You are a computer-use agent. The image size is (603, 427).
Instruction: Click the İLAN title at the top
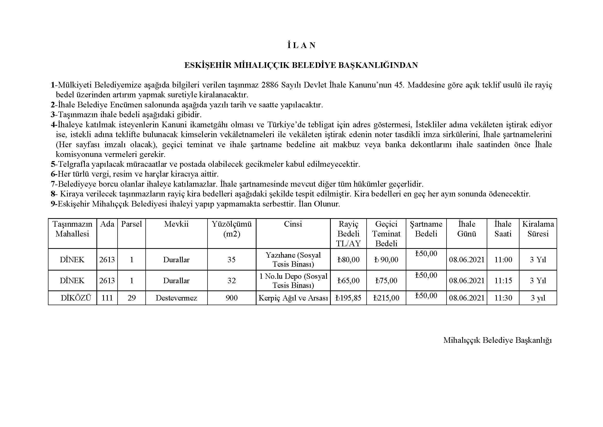pyautogui.click(x=301, y=45)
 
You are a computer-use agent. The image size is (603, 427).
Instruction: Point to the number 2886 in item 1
pyautogui.click(x=270, y=85)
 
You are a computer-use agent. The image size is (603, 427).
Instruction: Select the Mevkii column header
pyautogui.click(x=176, y=224)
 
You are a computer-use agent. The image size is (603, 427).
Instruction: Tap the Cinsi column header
pyautogui.click(x=293, y=224)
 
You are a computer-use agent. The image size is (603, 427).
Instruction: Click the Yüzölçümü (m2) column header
pyautogui.click(x=232, y=229)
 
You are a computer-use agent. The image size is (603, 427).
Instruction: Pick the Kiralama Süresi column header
pyautogui.click(x=538, y=229)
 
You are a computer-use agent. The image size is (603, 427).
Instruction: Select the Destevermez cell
pyautogui.click(x=176, y=298)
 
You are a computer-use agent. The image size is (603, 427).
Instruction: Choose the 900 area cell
pyautogui.click(x=232, y=298)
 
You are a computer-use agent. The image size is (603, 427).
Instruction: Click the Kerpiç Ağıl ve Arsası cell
pyautogui.click(x=293, y=298)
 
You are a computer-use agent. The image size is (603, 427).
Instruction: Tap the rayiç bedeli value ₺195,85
pyautogui.click(x=348, y=298)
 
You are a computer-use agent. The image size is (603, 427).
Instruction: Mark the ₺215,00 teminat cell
pyautogui.click(x=386, y=298)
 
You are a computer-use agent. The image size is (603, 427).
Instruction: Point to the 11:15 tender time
pyautogui.click(x=503, y=281)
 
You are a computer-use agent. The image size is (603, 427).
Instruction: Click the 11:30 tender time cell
pyautogui.click(x=503, y=298)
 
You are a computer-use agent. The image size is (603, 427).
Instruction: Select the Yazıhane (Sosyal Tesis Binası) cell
pyautogui.click(x=293, y=259)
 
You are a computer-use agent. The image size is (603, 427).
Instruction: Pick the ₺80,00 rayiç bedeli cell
pyautogui.click(x=348, y=260)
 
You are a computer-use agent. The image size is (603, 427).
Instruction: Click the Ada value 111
pyautogui.click(x=107, y=298)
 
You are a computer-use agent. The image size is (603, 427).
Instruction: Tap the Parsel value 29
pyautogui.click(x=131, y=298)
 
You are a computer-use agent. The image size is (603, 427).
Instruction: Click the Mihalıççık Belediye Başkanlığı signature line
pyautogui.click(x=497, y=340)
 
